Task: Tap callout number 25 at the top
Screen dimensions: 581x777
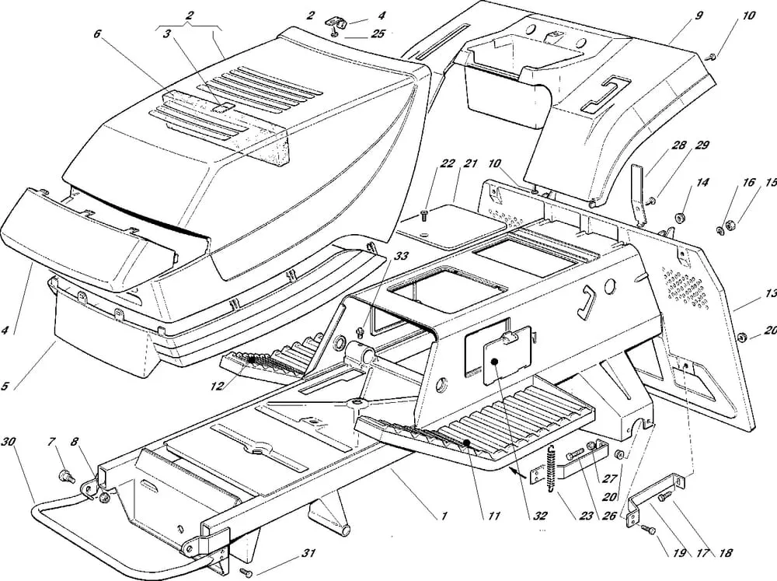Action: click(x=357, y=33)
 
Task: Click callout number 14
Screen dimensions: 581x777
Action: click(x=702, y=183)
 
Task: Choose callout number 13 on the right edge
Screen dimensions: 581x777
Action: click(x=770, y=294)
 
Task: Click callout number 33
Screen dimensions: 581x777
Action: click(x=378, y=255)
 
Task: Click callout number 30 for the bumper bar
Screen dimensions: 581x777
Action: click(x=9, y=441)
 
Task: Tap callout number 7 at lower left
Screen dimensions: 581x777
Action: click(x=53, y=443)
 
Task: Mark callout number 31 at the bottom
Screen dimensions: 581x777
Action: click(x=309, y=554)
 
